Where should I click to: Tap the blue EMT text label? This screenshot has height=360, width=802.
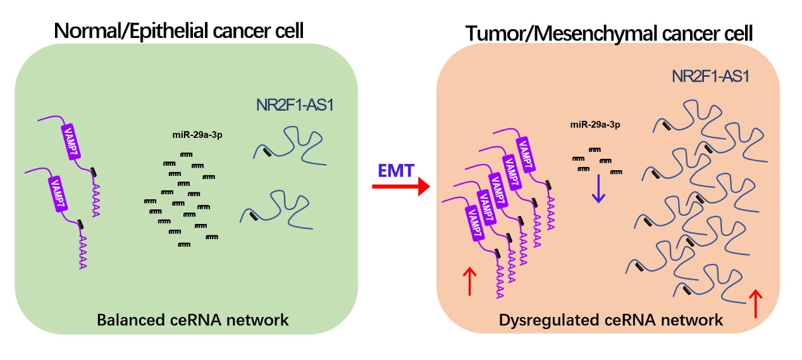[x=396, y=170]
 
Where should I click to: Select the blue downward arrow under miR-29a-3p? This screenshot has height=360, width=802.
[x=598, y=189]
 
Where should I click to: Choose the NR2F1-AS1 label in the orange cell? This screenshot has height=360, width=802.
[x=710, y=77]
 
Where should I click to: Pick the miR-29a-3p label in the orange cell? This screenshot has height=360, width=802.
[x=595, y=124]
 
